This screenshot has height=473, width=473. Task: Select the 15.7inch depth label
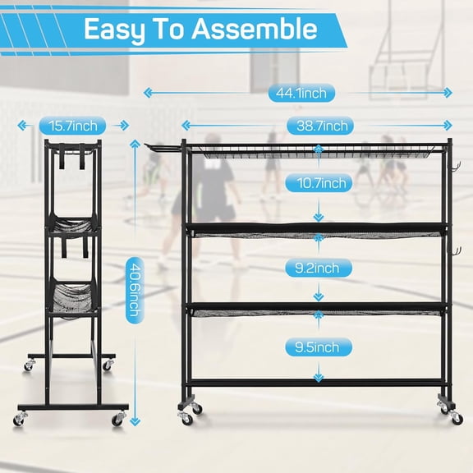tap(72, 126)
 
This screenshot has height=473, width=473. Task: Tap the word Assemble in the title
tap(255, 30)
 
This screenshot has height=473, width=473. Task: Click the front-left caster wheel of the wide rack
tap(187, 418)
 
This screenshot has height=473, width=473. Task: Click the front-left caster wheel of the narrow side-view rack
tap(21, 420)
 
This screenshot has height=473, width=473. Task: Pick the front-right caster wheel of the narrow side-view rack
tap(119, 420)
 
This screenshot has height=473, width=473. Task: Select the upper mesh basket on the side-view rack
tap(75, 224)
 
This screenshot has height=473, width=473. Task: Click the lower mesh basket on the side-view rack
tap(75, 295)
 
